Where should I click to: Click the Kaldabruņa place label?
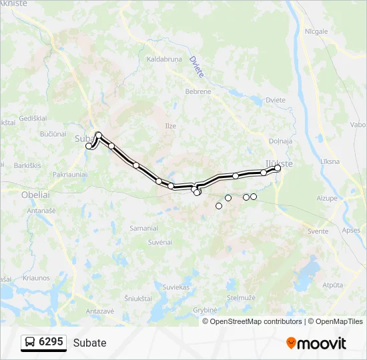click(164, 59)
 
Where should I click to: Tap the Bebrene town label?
click(198, 91)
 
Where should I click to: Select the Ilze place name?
click(171, 125)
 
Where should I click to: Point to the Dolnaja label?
click(280, 141)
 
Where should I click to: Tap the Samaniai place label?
click(143, 228)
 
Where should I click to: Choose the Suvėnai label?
click(161, 242)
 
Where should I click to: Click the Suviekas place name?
click(176, 287)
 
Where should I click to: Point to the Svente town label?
click(318, 231)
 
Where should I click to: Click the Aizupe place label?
click(327, 199)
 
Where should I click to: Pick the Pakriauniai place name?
click(69, 174)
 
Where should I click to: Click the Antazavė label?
click(100, 311)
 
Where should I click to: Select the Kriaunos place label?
click(36, 278)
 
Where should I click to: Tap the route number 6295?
click(51, 342)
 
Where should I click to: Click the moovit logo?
click(316, 343)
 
